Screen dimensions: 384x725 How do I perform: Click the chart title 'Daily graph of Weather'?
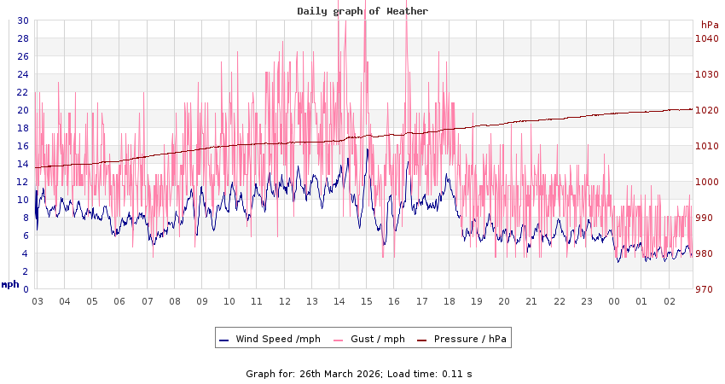coord(362,11)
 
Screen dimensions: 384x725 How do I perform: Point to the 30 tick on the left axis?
coord(22,20)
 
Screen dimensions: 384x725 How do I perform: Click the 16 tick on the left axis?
coord(22,146)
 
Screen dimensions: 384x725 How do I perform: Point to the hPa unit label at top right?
coord(710,25)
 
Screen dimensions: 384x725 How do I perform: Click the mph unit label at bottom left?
coord(9,284)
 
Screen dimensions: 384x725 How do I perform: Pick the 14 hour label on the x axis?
coord(339,301)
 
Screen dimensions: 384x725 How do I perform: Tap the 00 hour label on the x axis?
coord(614,301)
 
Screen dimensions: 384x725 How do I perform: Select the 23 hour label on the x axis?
coord(587,301)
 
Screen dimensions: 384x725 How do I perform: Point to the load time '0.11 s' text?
coord(455,374)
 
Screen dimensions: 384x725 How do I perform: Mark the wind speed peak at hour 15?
coord(368,149)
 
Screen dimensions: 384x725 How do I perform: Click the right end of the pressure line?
coord(691,109)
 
